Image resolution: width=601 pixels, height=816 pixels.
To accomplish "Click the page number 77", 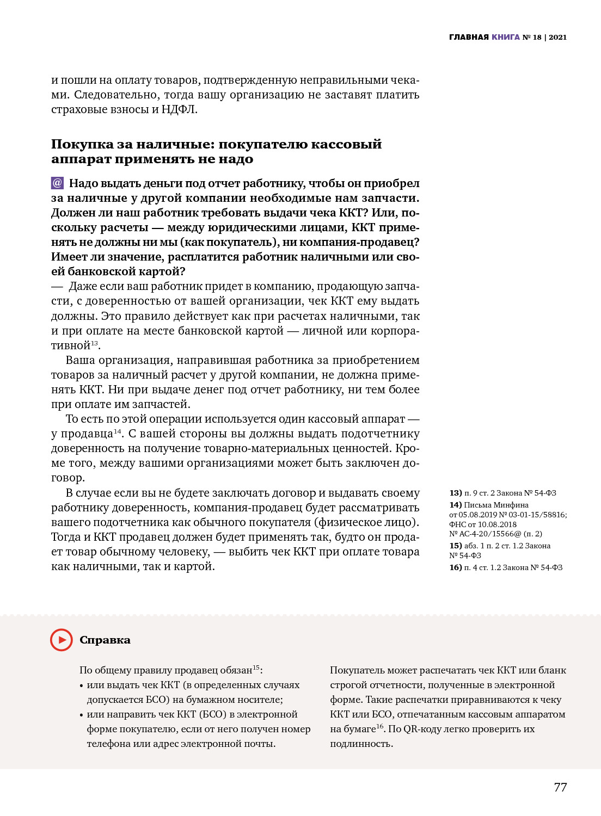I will point(560,787).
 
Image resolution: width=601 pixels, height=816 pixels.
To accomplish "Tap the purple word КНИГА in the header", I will point(506,37).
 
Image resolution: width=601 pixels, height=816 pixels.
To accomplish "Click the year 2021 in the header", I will point(557,37).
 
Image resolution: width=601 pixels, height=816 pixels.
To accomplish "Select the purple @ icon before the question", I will point(57,183).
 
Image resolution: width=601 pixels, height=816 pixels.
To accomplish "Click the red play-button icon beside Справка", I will point(62,640).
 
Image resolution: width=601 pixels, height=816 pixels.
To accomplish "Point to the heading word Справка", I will point(105,640).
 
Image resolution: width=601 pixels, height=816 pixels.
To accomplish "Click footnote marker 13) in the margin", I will point(456,493).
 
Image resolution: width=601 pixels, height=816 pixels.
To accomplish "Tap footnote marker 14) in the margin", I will point(456,505).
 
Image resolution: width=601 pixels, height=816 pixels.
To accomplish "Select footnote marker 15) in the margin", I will point(456,546).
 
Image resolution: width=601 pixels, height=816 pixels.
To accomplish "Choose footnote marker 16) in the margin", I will point(456,567).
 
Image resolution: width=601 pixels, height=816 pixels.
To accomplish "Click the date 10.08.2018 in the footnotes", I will point(497,524).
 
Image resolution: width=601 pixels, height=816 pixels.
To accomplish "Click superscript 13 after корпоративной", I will point(95,343).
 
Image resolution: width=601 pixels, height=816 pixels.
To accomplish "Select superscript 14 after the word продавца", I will point(117,431).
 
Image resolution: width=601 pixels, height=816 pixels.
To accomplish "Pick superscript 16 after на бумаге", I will point(380,726).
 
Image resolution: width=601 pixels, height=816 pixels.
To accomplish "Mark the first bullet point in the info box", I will point(82,685).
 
